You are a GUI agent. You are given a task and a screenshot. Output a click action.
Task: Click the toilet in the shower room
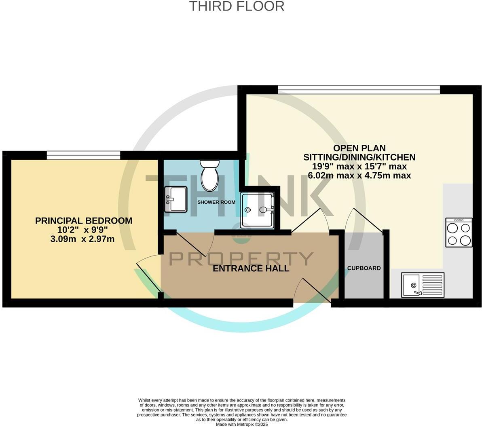tap(209, 174)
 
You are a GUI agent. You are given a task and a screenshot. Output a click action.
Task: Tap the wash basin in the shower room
tap(176, 199)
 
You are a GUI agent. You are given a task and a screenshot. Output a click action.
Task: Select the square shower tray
tap(257, 210)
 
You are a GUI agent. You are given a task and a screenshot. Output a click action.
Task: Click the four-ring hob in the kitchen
tap(459, 232)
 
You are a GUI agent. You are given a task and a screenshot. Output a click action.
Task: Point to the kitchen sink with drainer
tap(423, 285)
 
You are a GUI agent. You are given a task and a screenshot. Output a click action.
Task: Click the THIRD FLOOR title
tap(237, 6)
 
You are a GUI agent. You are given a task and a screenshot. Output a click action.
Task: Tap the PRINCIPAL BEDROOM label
tap(84, 221)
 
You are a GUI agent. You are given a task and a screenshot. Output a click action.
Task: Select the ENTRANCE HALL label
tap(251, 268)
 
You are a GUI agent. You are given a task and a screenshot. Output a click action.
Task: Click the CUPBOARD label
tap(364, 268)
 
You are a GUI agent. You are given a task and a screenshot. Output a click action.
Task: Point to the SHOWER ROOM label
tap(216, 202)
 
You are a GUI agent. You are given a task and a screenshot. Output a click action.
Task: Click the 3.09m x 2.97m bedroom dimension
tap(82, 239)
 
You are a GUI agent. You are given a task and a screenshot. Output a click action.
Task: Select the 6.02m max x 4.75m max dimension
tap(359, 175)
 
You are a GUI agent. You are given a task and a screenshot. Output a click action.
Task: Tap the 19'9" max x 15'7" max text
tap(359, 166)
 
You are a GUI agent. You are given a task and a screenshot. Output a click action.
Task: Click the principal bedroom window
tap(83, 155)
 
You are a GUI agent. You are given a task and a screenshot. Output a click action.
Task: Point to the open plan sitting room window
tap(359, 90)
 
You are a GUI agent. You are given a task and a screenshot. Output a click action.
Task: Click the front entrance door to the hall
tap(312, 290)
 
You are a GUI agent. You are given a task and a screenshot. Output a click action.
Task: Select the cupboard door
tap(364, 220)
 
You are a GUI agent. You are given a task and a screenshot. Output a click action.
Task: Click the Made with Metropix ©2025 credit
tap(242, 425)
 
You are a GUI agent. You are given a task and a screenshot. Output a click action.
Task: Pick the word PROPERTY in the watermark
tap(241, 258)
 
